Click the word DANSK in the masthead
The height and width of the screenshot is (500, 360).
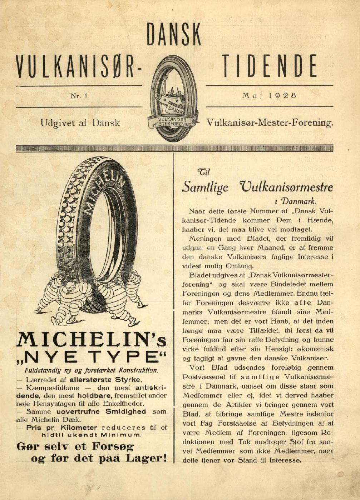[x=174, y=35]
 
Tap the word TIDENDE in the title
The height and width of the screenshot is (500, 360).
[x=270, y=66]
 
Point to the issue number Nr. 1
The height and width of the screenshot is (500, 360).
[x=79, y=96]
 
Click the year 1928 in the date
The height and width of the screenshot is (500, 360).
[x=282, y=96]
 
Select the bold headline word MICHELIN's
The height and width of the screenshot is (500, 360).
[x=92, y=340]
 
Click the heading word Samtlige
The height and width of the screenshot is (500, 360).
[x=205, y=187]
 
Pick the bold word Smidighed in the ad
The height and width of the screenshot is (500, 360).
[x=125, y=411]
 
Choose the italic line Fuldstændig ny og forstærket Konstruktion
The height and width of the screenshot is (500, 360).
[x=91, y=370]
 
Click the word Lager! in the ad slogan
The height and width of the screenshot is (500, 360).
[x=147, y=458]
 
